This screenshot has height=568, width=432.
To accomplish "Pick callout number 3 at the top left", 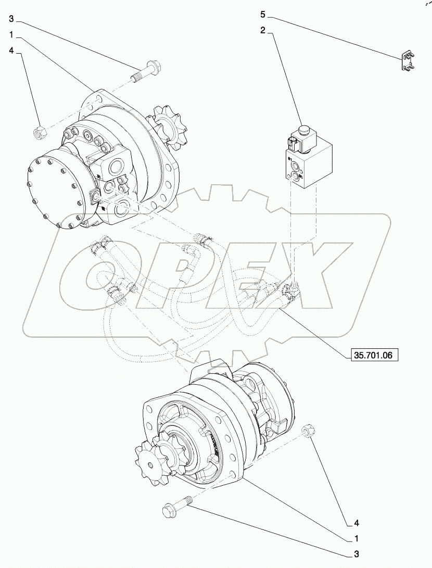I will click(x=12, y=19).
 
